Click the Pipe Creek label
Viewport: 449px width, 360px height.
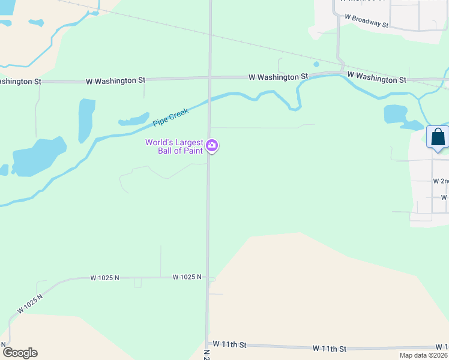point(170,116)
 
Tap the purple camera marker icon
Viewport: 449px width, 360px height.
point(212,146)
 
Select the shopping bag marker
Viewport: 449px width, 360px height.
point(438,137)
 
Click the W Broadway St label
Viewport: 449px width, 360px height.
point(367,22)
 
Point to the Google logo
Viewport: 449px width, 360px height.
point(20,352)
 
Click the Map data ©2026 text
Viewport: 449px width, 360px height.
point(423,355)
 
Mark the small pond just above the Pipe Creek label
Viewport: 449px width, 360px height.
point(134,119)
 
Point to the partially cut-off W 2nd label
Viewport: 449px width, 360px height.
point(440,181)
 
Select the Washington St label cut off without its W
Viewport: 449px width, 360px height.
point(20,81)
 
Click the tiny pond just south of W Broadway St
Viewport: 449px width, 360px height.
point(316,64)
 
